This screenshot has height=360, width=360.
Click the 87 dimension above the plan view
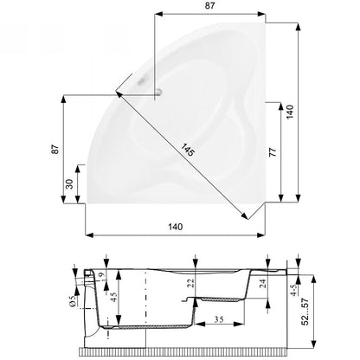pos(209,5)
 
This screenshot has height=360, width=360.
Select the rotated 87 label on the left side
pos(55,149)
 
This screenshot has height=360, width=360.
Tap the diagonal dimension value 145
pos(188,150)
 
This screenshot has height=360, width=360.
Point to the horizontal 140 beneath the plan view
pos(176,227)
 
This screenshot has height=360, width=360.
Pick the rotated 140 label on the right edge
pos(290,112)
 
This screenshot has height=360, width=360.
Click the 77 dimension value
pos(273,151)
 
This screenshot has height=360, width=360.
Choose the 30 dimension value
pos(69,183)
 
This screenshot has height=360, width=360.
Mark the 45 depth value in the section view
pos(113,297)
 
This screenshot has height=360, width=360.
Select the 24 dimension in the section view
pos(263,284)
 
